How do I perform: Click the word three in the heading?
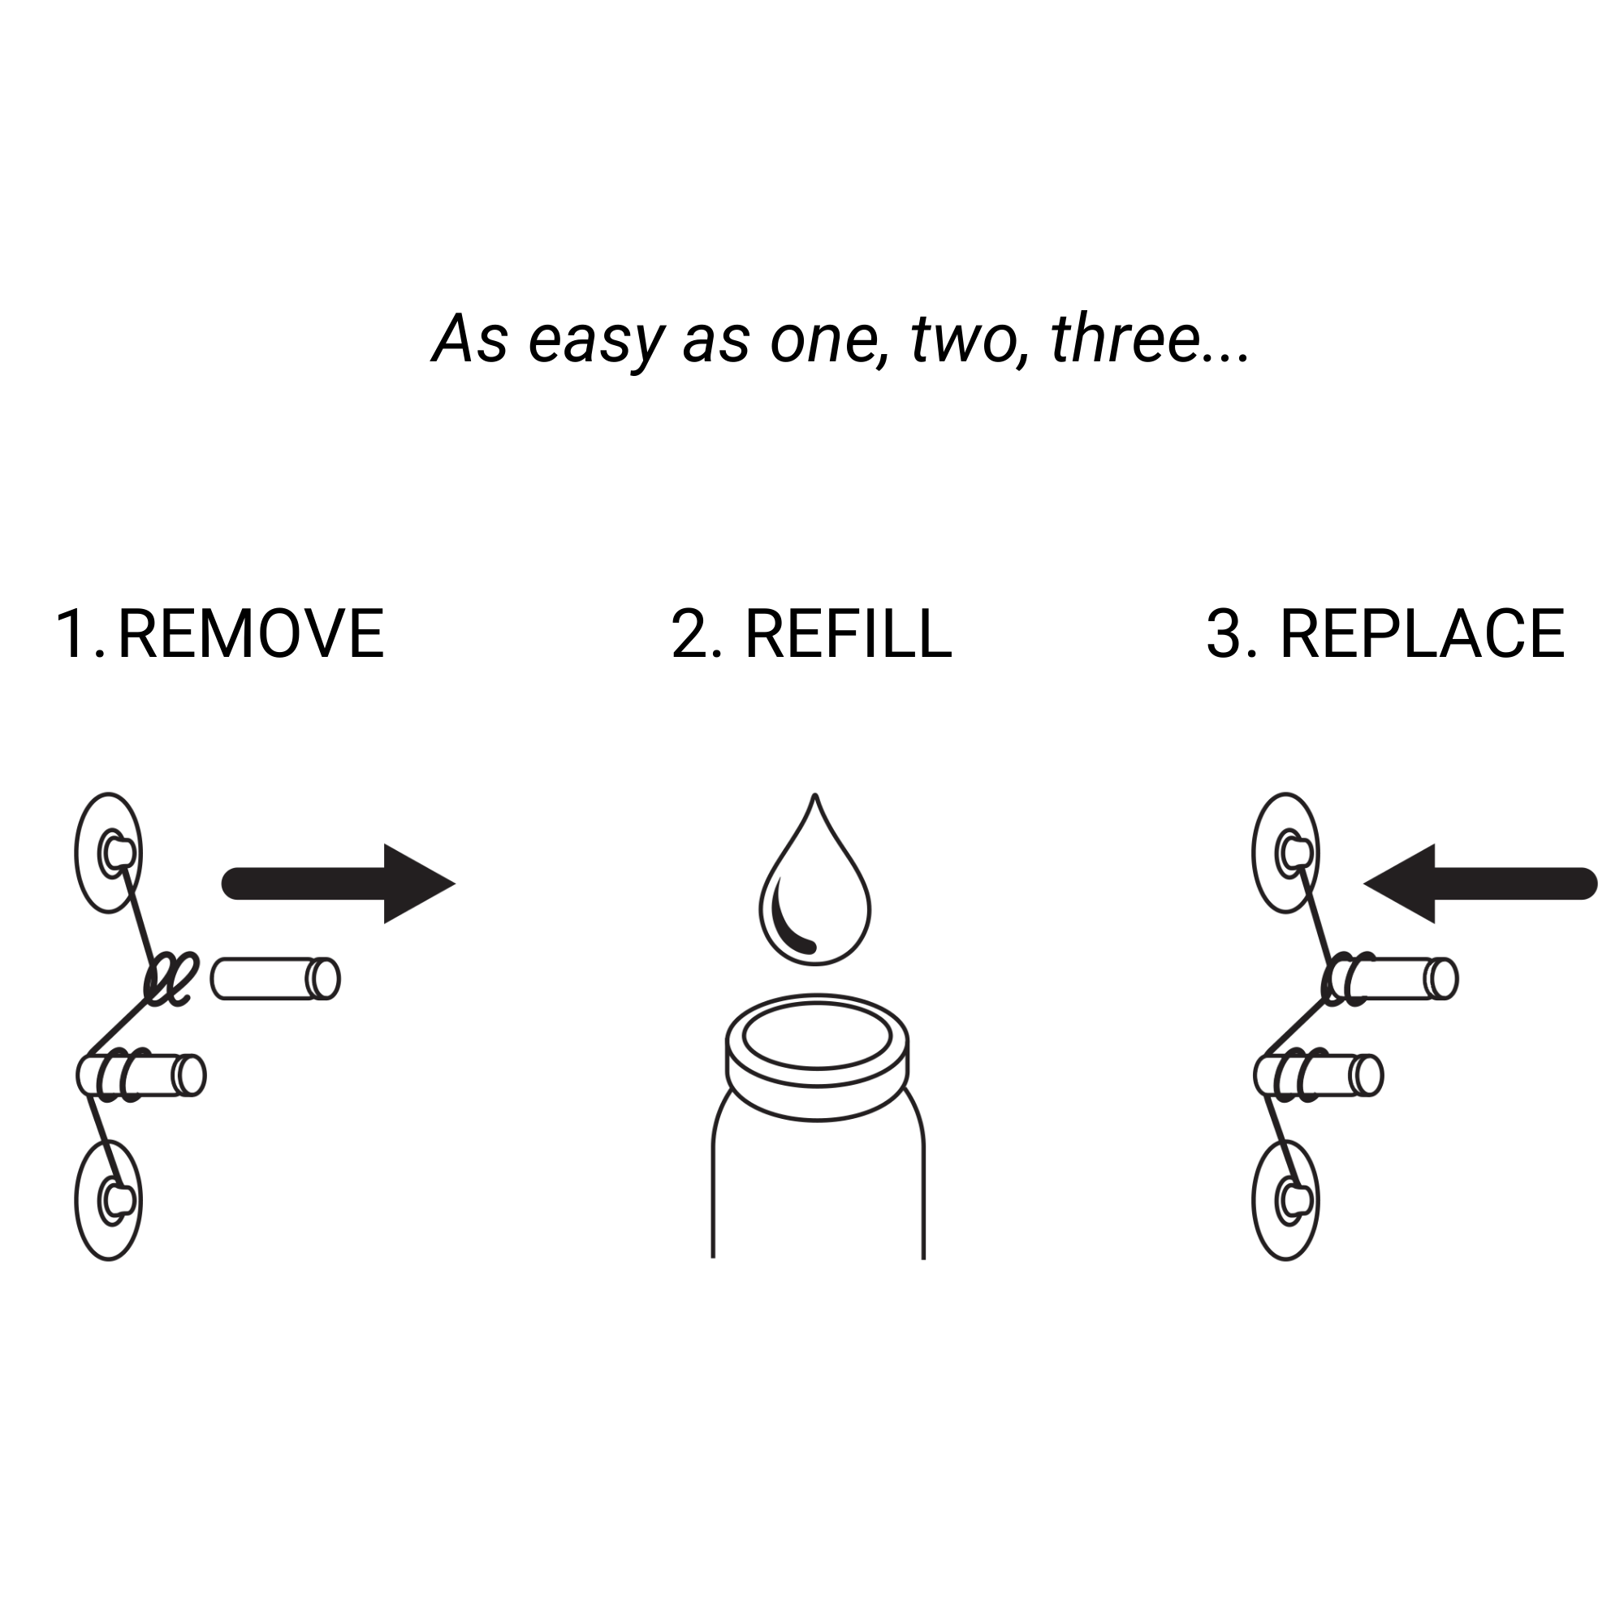(1125, 338)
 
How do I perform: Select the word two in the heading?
(962, 339)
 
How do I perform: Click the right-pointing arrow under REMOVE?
(338, 883)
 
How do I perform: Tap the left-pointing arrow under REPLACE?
(1480, 883)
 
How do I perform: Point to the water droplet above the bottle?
(814, 879)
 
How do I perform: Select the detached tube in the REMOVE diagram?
(275, 978)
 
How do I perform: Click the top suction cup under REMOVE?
(109, 853)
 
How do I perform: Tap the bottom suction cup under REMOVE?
(109, 1199)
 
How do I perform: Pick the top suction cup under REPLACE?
(1285, 853)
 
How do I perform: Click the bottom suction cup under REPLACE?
(1285, 1199)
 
